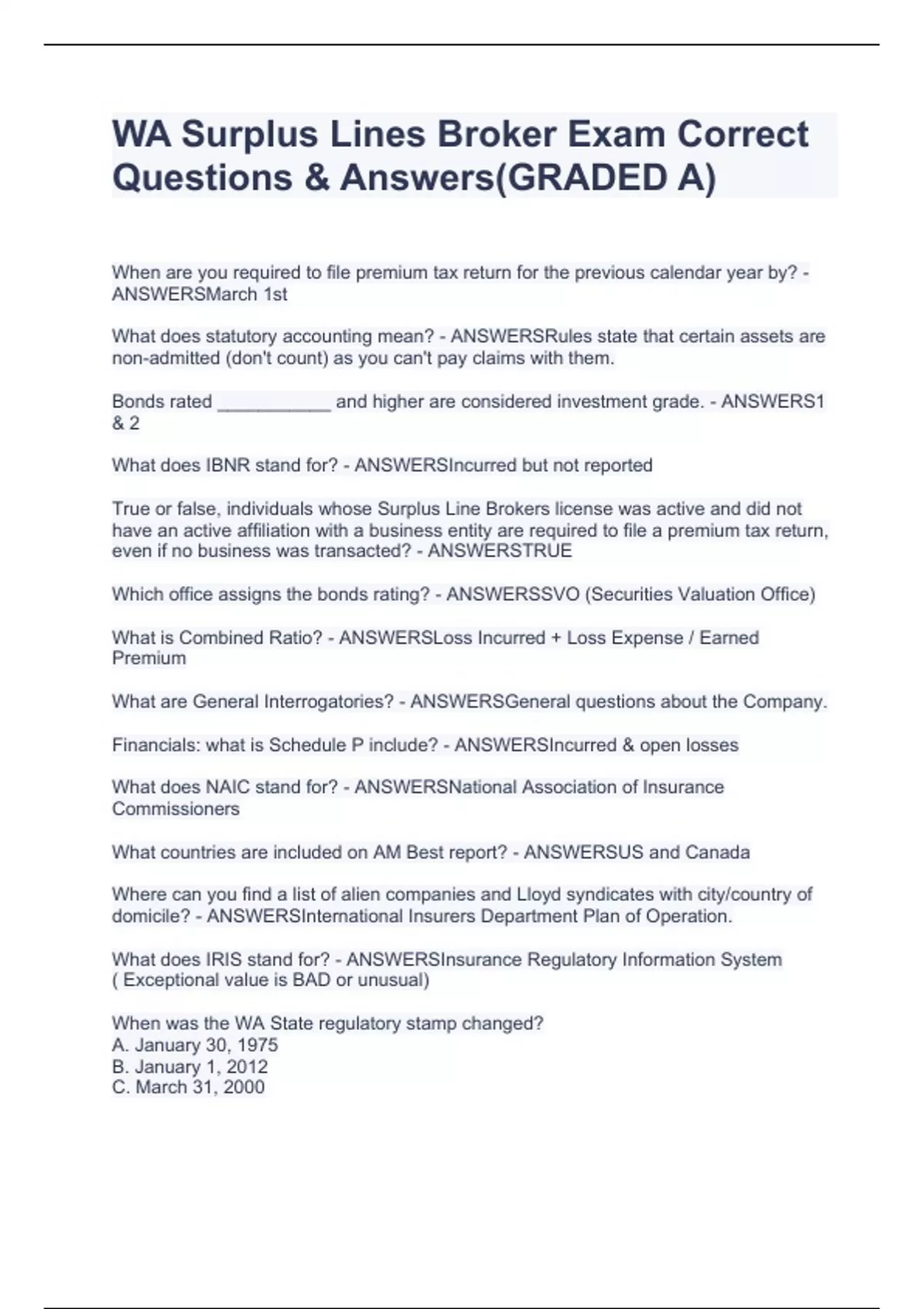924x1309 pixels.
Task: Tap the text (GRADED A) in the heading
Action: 605,178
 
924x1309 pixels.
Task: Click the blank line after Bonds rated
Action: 274,402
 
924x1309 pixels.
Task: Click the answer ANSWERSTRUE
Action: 500,551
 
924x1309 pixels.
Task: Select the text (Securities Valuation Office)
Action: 700,594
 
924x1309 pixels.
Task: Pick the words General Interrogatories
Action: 293,701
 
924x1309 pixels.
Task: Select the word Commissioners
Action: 176,808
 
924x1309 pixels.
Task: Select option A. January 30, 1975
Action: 195,1045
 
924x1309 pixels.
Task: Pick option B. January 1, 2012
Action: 190,1066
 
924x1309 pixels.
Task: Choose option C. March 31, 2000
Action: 189,1087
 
